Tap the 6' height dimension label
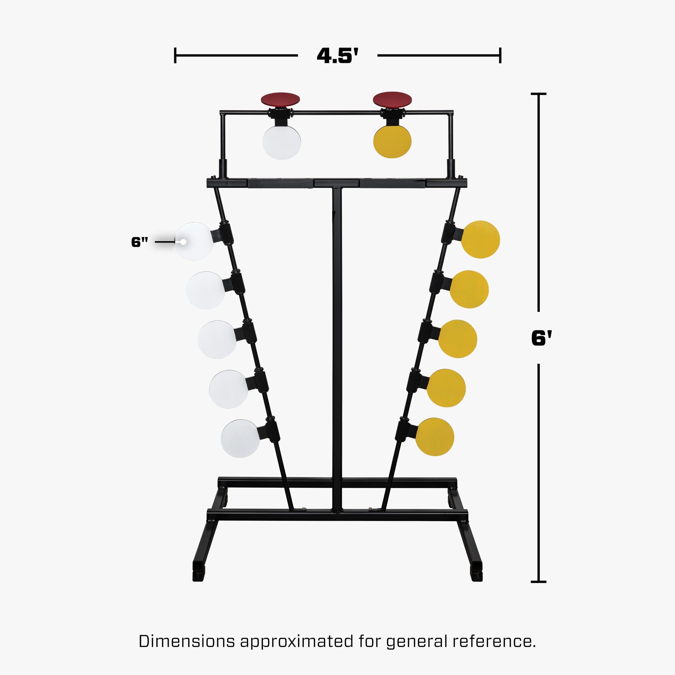(541, 338)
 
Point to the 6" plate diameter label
(140, 242)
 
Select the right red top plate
(392, 99)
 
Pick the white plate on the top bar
(281, 142)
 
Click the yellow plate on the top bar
(392, 141)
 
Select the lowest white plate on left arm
(240, 438)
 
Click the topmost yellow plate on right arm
(481, 240)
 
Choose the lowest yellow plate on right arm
(435, 437)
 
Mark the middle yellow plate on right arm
(458, 338)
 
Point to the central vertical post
(337, 349)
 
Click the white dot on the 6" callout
(183, 242)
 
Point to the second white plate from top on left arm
(206, 290)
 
